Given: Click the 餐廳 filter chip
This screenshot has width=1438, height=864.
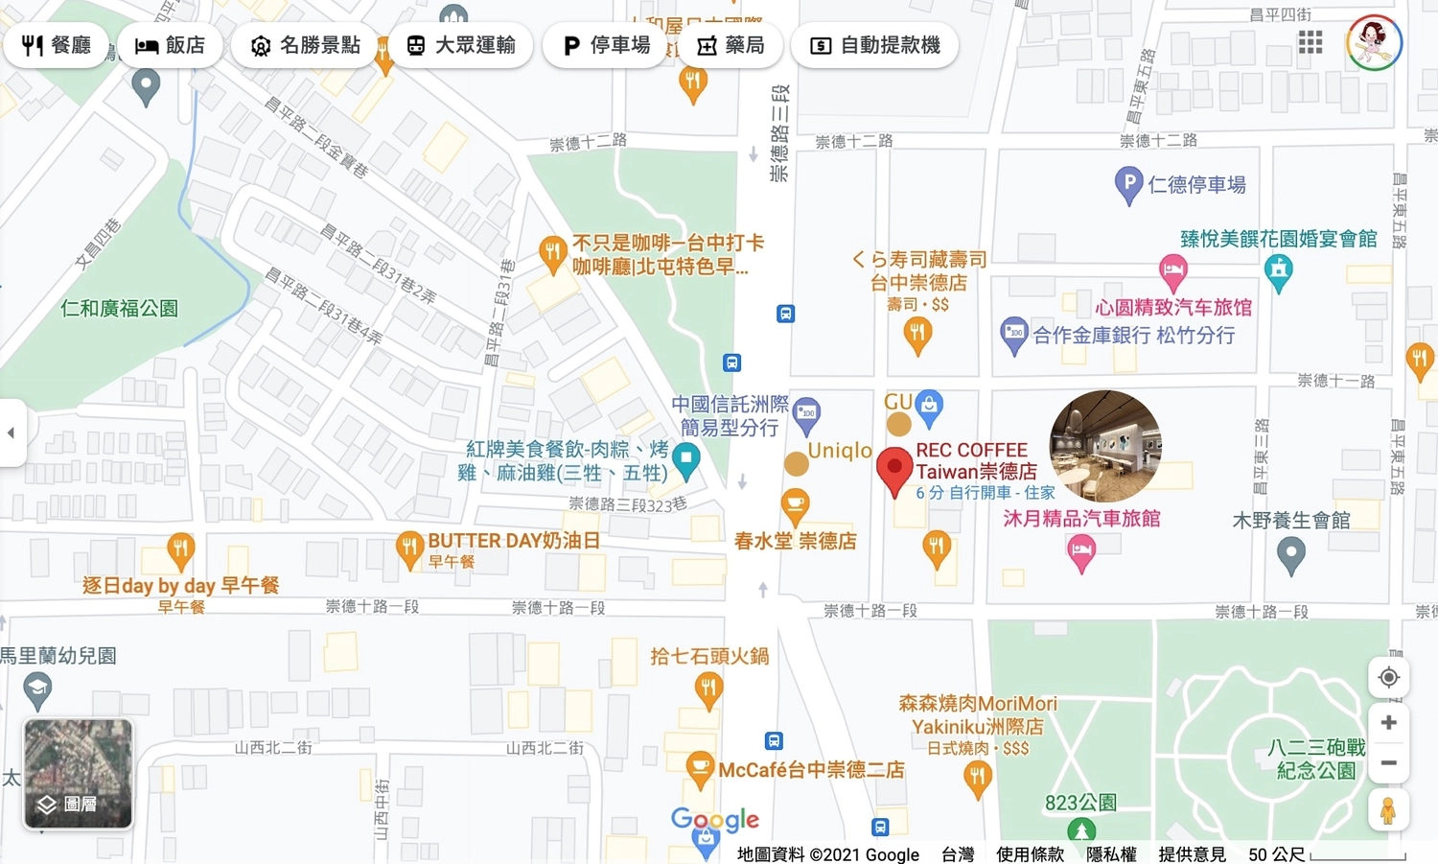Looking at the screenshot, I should click(56, 45).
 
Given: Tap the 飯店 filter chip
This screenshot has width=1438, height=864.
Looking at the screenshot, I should click(170, 45).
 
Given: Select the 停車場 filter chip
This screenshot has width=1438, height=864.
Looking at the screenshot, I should click(606, 45).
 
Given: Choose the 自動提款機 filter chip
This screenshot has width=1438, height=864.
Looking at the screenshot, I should click(874, 45).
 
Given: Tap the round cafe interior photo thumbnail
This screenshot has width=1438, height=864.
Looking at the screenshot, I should click(1105, 446).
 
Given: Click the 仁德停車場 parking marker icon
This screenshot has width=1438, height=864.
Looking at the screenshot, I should click(1128, 183).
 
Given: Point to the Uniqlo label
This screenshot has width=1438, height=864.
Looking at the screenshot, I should click(840, 451).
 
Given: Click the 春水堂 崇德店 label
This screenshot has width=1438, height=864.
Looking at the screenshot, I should click(795, 541).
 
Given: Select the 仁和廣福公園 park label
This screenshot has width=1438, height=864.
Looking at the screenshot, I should click(119, 308).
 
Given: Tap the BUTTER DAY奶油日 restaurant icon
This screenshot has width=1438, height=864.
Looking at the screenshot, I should click(409, 548).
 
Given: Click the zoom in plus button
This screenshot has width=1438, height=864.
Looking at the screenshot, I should click(1388, 722).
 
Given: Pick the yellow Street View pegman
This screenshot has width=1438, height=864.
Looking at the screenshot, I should click(1388, 811).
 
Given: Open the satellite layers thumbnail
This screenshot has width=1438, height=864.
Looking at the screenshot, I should click(78, 773).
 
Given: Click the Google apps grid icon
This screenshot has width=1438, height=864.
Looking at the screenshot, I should click(1310, 42).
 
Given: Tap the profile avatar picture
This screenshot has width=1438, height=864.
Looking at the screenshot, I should click(1374, 42).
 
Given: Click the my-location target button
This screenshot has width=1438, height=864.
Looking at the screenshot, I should click(1388, 678).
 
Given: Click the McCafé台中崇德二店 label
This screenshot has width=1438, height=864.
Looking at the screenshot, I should click(811, 770).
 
